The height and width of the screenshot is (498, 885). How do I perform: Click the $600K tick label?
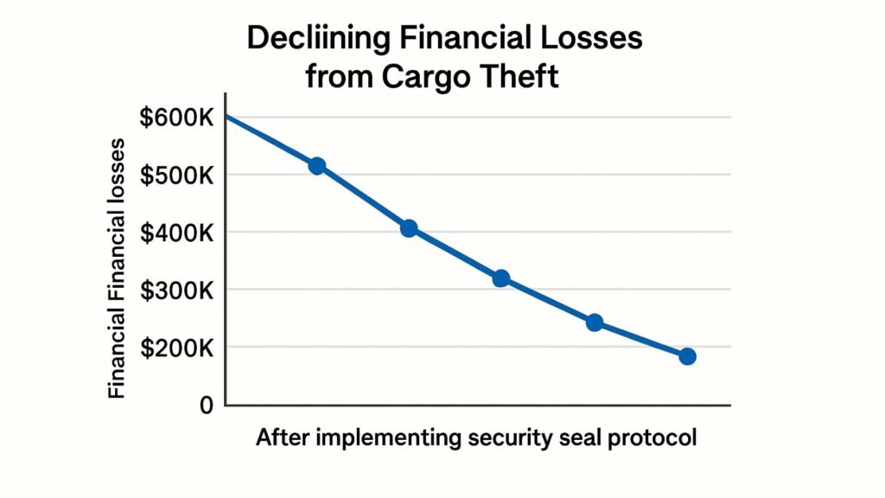[175, 118]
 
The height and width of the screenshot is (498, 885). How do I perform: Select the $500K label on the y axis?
[175, 175]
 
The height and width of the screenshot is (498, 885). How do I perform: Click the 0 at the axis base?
[206, 405]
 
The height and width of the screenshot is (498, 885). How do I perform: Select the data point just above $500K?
[317, 166]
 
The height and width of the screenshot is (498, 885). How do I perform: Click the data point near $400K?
[410, 229]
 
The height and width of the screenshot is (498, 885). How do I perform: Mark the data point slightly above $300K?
[501, 278]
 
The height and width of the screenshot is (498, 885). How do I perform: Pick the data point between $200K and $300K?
[595, 322]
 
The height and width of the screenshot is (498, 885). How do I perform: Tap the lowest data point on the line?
[687, 356]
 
